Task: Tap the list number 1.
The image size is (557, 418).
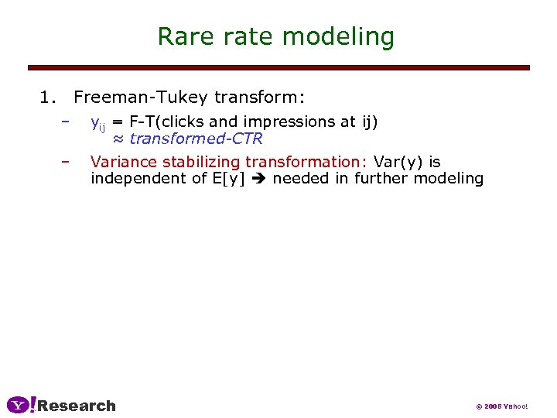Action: (47, 98)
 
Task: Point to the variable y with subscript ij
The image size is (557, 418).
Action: (97, 123)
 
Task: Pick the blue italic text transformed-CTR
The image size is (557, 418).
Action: (196, 139)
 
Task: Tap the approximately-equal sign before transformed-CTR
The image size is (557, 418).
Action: (118, 139)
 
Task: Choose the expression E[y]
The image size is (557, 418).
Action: (231, 179)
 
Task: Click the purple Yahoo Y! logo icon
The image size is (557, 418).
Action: (21, 405)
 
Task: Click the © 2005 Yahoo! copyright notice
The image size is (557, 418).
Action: (501, 406)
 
